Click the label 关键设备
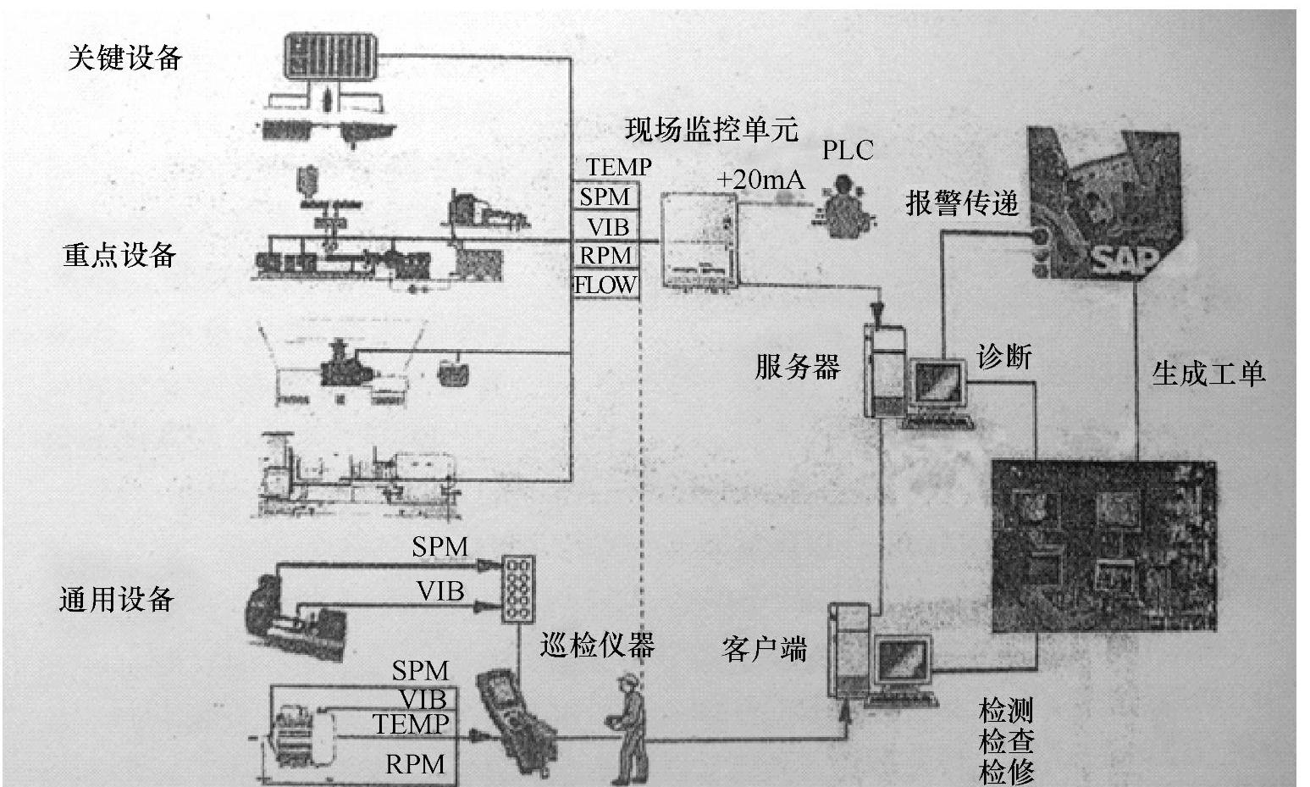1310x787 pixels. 124,58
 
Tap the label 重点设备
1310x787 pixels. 119,255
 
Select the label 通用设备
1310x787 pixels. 117,600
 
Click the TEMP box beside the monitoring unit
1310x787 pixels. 618,168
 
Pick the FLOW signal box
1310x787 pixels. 605,285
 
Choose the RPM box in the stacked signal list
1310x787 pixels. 605,255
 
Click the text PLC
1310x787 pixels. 848,151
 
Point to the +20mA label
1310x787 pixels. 760,180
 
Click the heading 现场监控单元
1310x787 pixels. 711,130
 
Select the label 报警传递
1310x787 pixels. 962,203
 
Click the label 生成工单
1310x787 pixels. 1208,373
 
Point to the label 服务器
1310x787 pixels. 798,367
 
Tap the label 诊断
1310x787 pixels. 1004,357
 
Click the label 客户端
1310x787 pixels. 765,649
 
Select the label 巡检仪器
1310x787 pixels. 598,646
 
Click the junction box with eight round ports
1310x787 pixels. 517,589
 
